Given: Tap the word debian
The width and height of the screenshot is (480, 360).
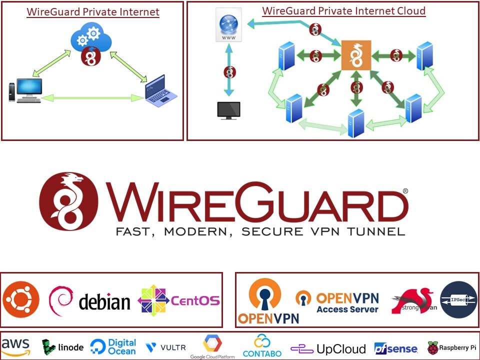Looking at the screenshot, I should (x=104, y=302).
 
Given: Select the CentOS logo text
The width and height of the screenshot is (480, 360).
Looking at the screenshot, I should (x=195, y=300).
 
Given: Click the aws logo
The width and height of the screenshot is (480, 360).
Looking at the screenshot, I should (x=15, y=346).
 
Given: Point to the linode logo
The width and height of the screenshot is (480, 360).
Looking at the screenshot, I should (x=62, y=347).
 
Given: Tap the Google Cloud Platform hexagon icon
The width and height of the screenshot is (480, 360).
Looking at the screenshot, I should (x=212, y=343).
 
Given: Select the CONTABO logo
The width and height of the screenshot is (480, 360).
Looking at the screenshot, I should (x=262, y=346).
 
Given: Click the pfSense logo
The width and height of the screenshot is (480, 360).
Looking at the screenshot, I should (x=395, y=348).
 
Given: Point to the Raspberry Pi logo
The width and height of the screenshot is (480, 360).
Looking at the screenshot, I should (x=451, y=347).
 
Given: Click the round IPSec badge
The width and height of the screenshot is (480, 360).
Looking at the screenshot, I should (x=458, y=299).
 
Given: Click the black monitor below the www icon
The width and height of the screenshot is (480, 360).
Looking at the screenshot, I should (x=228, y=110).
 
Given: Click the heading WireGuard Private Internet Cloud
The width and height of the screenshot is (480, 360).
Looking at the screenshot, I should (x=344, y=10).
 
